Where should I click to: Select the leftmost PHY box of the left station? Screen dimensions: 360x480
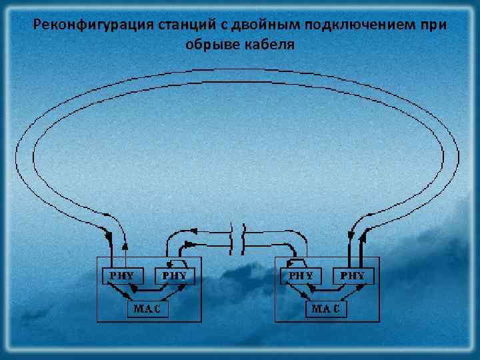point(117,275)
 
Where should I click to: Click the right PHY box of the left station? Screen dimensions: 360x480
point(171,275)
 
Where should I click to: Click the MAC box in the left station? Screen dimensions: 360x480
point(147,309)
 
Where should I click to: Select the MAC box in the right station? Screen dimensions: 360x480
point(327,309)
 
